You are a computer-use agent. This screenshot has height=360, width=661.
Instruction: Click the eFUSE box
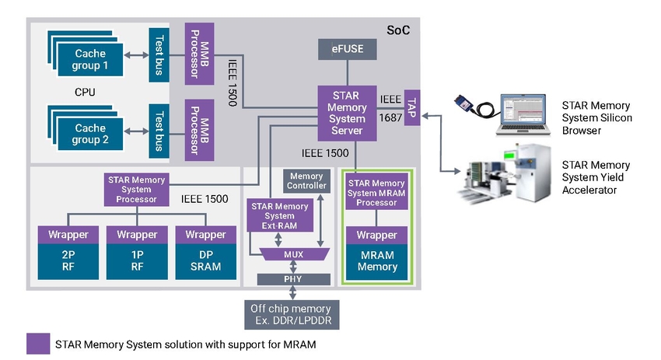347,49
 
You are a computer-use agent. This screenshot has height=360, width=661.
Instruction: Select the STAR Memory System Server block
347,113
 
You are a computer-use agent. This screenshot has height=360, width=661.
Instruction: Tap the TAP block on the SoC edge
412,107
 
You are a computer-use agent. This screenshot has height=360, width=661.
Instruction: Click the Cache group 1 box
90,59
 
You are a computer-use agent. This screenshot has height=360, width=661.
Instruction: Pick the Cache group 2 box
90,134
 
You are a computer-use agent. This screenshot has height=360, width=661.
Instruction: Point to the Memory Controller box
306,181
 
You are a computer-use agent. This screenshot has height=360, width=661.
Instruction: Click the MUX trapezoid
294,254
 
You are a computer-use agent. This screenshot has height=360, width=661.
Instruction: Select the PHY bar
293,279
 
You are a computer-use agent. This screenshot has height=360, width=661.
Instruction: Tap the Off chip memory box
292,314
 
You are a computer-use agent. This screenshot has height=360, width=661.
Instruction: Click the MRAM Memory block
377,261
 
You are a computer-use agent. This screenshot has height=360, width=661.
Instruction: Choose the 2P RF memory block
68,261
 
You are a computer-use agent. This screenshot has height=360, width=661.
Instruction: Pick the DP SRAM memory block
206,261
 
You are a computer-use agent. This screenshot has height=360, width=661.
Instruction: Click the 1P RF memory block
137,261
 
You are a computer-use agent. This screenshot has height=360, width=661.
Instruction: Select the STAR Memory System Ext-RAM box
280,215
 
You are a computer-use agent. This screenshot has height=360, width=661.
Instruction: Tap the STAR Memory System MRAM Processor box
376,193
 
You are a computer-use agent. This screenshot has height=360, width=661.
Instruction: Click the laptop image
523,114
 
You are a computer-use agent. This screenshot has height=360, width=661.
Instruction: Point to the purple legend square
38,344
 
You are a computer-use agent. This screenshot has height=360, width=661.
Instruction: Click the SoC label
398,30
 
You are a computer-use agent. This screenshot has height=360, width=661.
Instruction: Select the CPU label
85,92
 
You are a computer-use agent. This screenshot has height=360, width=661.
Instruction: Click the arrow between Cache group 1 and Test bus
136,55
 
